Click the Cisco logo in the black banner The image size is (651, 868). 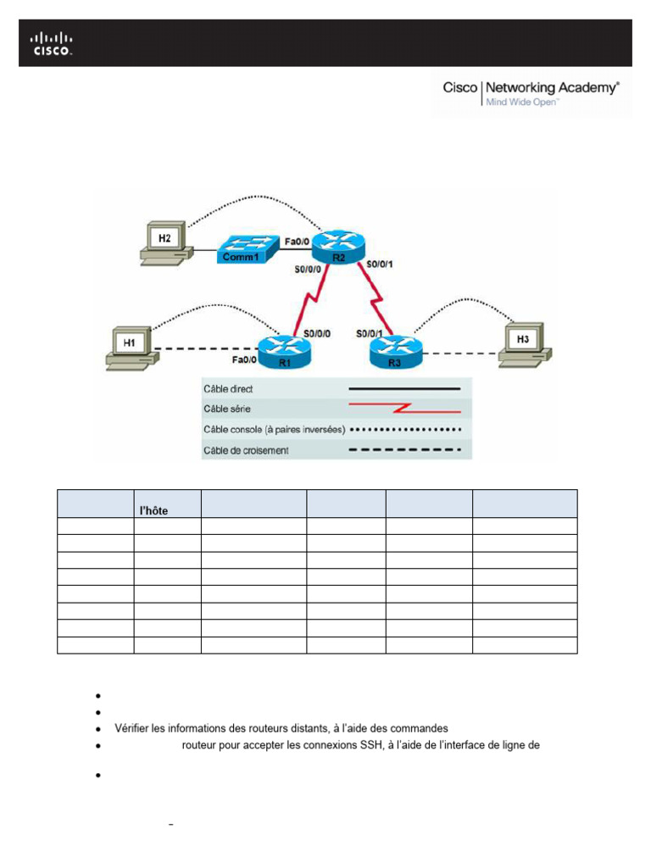pos(52,43)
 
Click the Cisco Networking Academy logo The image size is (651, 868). pos(531,93)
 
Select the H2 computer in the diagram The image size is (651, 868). pos(164,241)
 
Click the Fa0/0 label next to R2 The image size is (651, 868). pos(297,241)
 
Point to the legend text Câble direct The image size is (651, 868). pos(228,389)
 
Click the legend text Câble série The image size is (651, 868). pos(225,409)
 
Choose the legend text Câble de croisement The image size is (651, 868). pos(246,450)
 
